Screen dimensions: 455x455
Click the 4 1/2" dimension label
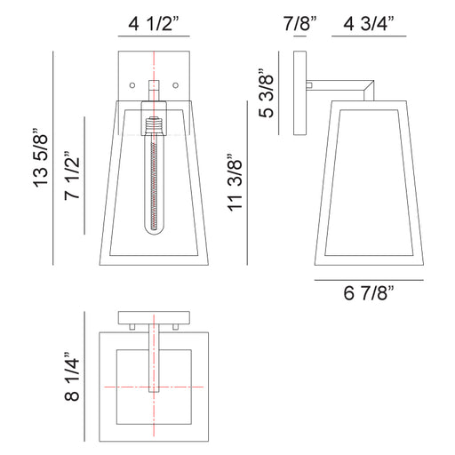[154, 24]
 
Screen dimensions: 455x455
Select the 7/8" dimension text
[299, 24]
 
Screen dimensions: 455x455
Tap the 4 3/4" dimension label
[369, 24]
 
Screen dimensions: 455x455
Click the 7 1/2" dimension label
[72, 176]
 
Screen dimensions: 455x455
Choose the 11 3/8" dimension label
[235, 182]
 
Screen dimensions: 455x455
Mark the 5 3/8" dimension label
[267, 93]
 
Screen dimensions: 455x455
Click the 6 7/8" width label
[369, 293]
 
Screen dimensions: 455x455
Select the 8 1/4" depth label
[72, 377]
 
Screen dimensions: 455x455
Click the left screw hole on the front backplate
[132, 85]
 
